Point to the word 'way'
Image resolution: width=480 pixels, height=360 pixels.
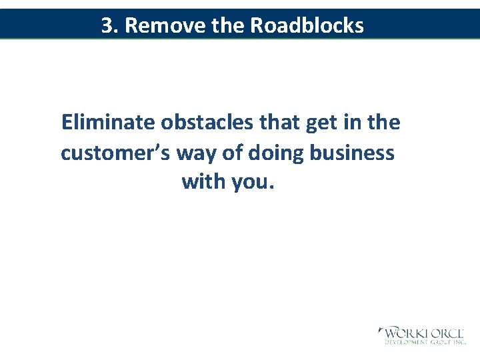click(197, 154)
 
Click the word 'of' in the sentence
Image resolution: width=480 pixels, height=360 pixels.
click(234, 153)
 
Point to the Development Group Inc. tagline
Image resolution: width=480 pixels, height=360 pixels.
click(424, 342)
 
